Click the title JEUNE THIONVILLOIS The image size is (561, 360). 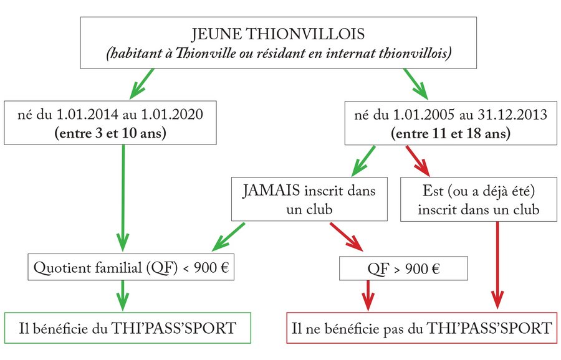(278, 34)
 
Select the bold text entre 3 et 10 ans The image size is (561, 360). (110, 133)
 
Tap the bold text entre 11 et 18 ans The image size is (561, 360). (451, 133)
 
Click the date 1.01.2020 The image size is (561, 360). (172, 115)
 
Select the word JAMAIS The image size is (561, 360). (271, 190)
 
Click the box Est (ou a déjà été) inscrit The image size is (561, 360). (478, 199)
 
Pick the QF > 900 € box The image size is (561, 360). (403, 268)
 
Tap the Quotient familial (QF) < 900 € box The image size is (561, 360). (131, 267)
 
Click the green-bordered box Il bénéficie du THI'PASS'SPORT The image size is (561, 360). (128, 328)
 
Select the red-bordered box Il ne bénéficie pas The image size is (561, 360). (422, 328)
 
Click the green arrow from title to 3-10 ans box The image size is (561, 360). (141, 83)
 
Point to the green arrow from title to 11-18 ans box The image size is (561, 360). (416, 83)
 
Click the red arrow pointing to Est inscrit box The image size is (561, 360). (418, 161)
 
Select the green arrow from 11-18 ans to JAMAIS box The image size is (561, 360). (363, 161)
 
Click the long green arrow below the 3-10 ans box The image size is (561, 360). (123, 198)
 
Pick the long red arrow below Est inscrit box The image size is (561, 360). (497, 265)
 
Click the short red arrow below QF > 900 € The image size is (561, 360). (368, 296)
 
